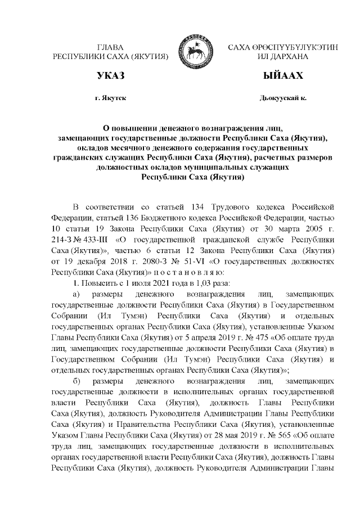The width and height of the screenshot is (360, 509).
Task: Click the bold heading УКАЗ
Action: pyautogui.click(x=110, y=76)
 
